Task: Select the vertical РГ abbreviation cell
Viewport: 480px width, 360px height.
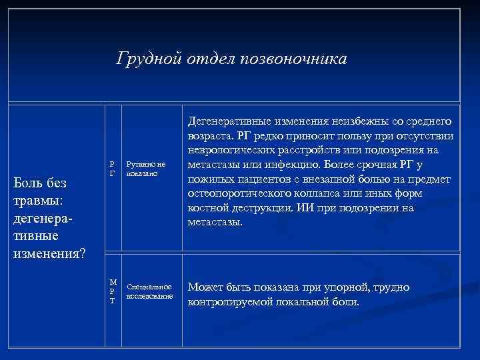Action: (112, 169)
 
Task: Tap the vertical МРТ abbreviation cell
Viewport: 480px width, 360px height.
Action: (112, 291)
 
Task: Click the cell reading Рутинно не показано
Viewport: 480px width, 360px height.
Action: (145, 169)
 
